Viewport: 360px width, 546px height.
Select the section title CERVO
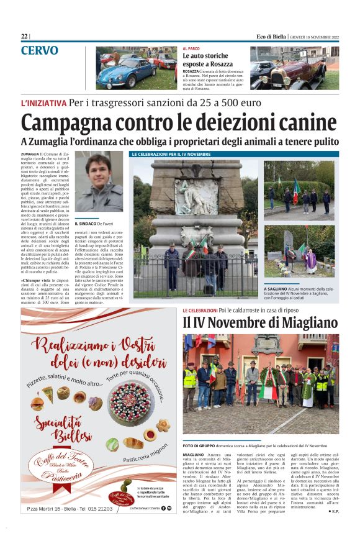point(40,50)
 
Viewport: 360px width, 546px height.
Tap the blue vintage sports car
point(126,72)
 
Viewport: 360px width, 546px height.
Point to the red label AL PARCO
point(191,48)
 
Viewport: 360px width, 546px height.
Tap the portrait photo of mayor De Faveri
point(99,182)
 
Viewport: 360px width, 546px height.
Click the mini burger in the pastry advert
point(37,403)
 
